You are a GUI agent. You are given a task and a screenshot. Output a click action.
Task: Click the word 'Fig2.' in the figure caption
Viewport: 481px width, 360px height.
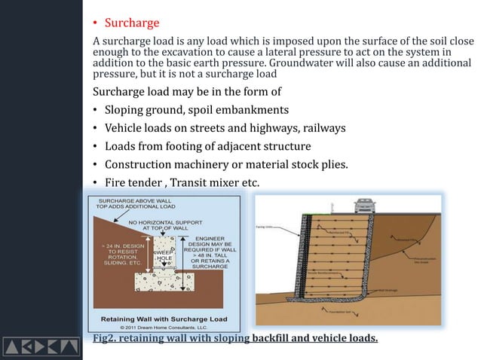pos(104,338)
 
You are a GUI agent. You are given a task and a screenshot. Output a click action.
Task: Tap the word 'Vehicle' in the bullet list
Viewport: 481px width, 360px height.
pos(126,128)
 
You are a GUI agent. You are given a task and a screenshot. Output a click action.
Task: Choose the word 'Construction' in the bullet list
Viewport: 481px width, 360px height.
pos(140,164)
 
